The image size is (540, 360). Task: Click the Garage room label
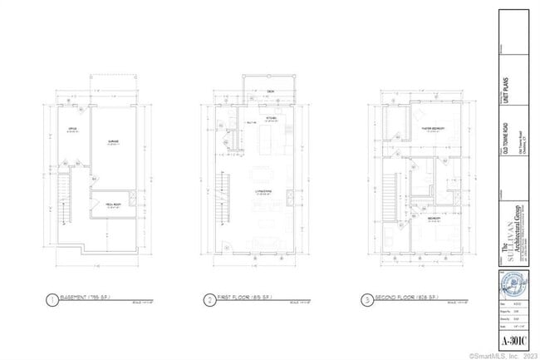113,142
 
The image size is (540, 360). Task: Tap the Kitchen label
271,118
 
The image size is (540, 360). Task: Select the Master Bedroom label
432,129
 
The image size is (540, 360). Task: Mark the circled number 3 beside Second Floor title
366,299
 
